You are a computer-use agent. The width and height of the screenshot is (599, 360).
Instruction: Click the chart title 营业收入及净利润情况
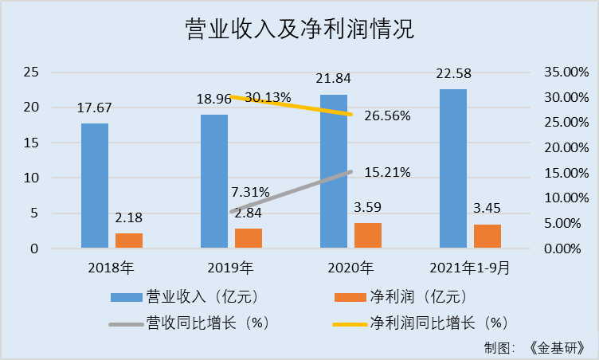tap(299, 29)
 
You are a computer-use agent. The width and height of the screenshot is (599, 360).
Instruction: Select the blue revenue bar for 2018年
tap(95, 186)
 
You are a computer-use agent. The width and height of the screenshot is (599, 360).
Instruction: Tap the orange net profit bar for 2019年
tap(249, 238)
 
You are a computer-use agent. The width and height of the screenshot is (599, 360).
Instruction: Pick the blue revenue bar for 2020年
tap(334, 171)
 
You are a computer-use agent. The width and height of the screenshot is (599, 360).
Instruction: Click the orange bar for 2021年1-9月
tap(487, 237)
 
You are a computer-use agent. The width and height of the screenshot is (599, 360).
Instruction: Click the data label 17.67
tap(95, 108)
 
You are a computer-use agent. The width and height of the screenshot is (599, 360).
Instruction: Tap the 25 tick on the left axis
tap(31, 72)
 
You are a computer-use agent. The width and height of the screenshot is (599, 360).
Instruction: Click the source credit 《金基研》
tap(561, 348)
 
